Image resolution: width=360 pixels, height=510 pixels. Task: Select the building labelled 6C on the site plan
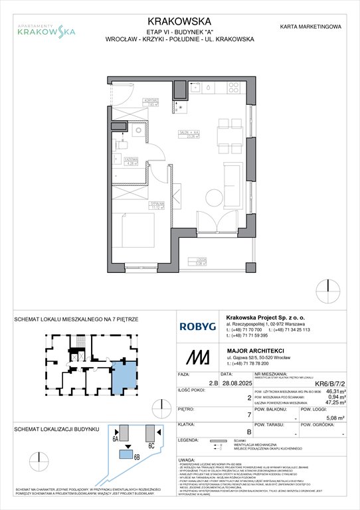pos(151,431)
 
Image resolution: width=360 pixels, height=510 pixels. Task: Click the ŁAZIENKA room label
pos(131,160)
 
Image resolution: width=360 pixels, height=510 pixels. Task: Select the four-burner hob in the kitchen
pos(234,88)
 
